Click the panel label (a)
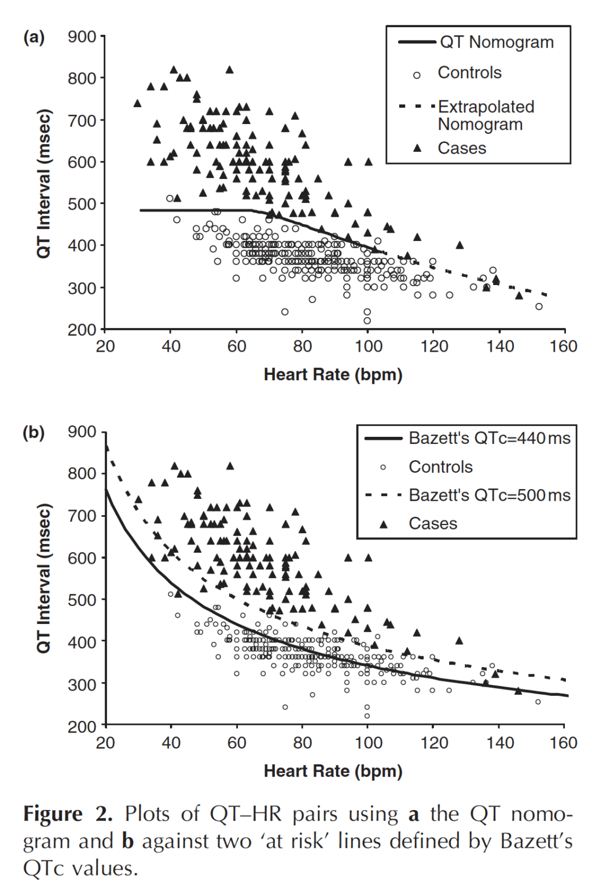click(x=34, y=38)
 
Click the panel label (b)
click(x=34, y=433)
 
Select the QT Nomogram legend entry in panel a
click(x=497, y=42)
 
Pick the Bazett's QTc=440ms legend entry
click(x=489, y=438)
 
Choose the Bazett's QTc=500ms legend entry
click(x=489, y=495)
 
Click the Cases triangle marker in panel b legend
click(x=383, y=524)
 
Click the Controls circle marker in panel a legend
click(x=417, y=75)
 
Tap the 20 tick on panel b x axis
click(x=105, y=743)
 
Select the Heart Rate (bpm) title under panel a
click(x=333, y=375)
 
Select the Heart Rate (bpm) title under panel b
click(x=333, y=771)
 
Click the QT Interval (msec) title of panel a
click(x=44, y=183)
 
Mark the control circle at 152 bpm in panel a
click(x=539, y=307)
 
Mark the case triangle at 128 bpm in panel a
click(x=459, y=245)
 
